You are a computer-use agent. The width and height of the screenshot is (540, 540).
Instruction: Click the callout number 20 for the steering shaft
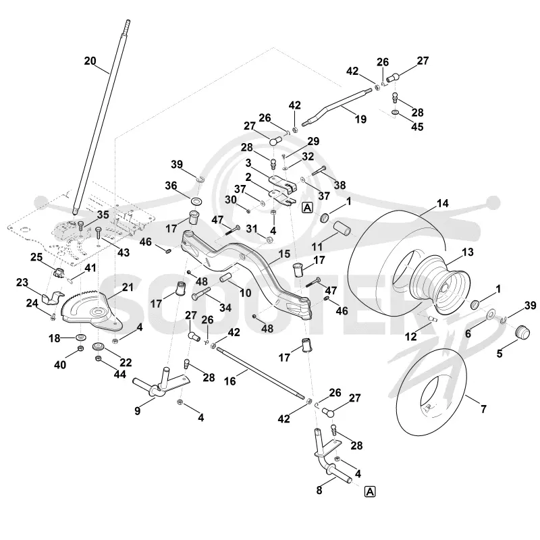pyautogui.click(x=90, y=61)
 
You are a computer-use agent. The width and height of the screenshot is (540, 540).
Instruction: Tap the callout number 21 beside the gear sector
pyautogui.click(x=128, y=287)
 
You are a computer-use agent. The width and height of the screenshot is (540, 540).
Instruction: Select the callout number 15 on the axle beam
pyautogui.click(x=284, y=254)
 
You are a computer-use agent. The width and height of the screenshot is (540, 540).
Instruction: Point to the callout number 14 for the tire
pyautogui.click(x=443, y=203)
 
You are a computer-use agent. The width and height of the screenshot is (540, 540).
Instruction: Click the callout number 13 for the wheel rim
pyautogui.click(x=468, y=252)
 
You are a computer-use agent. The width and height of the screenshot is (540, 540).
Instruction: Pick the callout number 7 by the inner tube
pyautogui.click(x=483, y=409)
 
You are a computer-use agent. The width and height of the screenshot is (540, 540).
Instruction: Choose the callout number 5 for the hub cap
pyautogui.click(x=500, y=353)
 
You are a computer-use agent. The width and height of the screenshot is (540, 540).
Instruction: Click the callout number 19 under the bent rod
pyautogui.click(x=360, y=119)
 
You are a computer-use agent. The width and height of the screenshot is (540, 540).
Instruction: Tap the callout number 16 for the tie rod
pyautogui.click(x=230, y=381)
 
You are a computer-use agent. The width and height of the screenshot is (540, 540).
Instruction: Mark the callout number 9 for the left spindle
pyautogui.click(x=138, y=410)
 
